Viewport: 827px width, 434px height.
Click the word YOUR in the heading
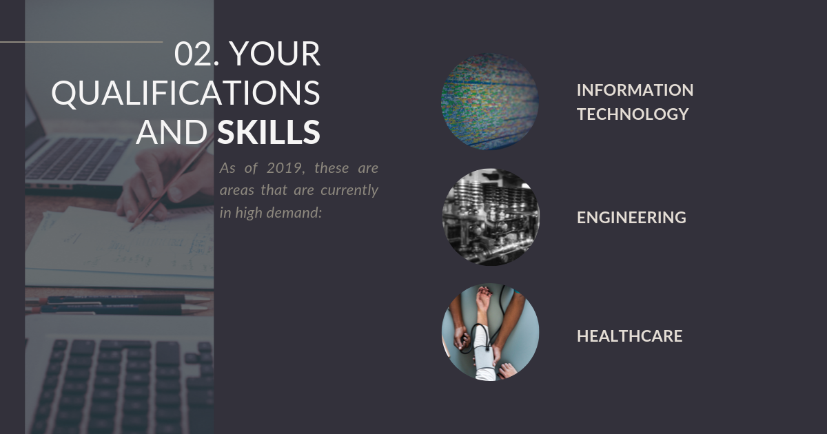275,54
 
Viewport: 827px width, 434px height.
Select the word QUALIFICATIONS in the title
185,93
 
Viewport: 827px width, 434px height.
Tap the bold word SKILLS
268,132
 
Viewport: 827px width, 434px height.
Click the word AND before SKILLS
172,132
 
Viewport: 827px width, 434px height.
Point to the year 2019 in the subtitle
284,168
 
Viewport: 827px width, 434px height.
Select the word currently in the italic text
349,191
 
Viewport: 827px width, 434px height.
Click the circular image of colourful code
490,101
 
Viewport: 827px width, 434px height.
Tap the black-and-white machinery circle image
491,217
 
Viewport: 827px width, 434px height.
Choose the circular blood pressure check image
490,332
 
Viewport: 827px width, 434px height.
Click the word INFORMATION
635,90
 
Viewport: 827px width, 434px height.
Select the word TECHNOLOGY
633,114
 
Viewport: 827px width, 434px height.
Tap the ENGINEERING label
631,218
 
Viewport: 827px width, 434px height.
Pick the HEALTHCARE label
629,336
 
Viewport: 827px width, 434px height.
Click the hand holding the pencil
163,185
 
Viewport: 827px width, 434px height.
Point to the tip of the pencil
130,230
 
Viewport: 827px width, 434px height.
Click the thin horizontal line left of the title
81,42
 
